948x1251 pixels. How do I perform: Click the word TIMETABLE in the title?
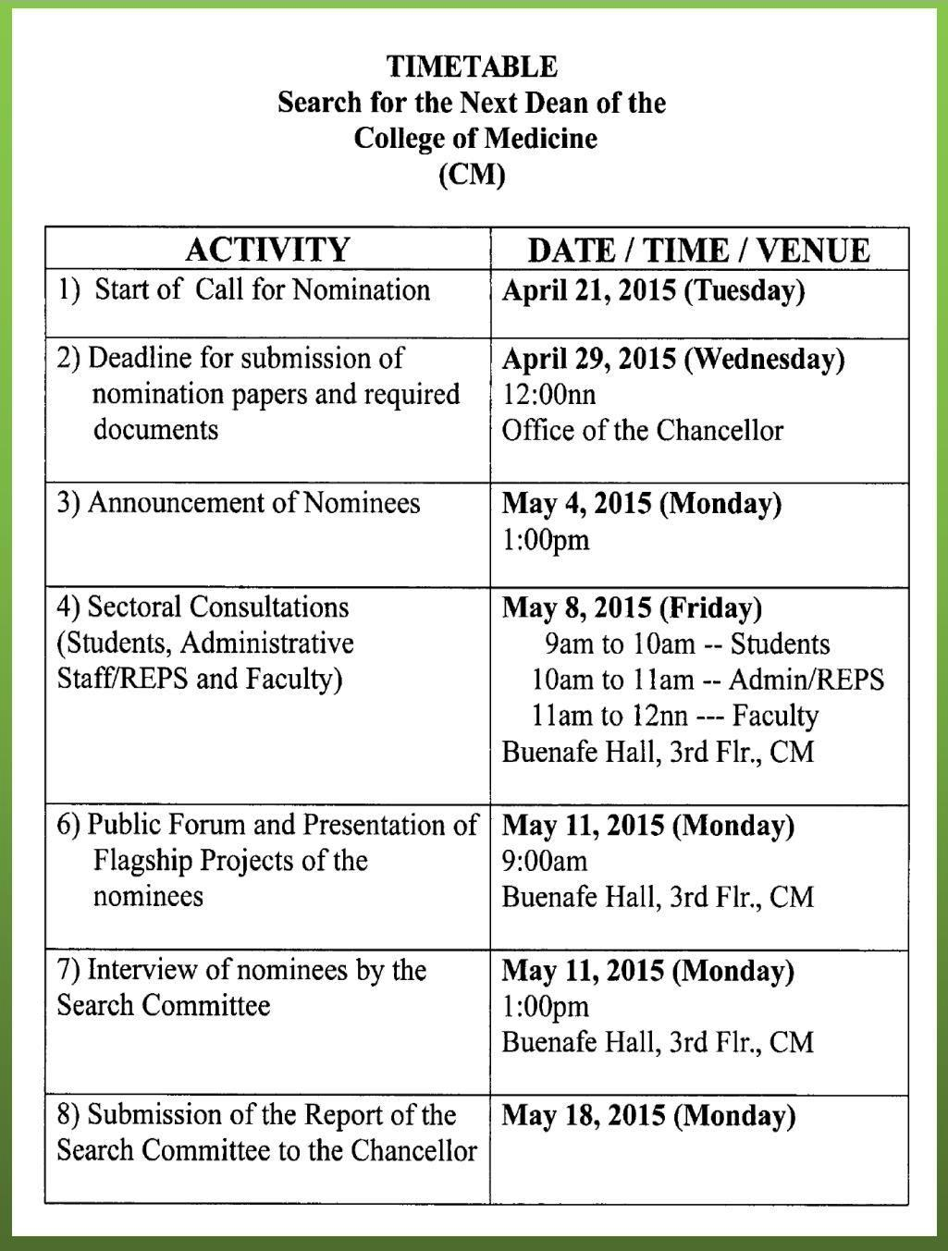[x=472, y=67]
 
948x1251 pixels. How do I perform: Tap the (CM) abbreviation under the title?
[x=472, y=174]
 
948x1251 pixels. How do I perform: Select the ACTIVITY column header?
[x=267, y=250]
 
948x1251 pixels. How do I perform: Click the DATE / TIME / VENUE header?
[x=698, y=251]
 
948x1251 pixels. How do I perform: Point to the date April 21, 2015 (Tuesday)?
[x=653, y=291]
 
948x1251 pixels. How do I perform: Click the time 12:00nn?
[x=548, y=395]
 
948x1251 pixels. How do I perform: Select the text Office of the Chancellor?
[x=642, y=431]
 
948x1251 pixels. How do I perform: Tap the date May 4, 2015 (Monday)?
[x=641, y=504]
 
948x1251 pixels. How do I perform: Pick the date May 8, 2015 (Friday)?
[x=632, y=608]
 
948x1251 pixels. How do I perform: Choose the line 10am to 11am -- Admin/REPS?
[x=708, y=681]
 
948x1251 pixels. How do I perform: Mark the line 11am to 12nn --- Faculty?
[x=675, y=717]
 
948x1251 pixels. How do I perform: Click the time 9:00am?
[x=544, y=862]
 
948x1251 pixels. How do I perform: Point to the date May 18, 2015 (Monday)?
[x=648, y=1116]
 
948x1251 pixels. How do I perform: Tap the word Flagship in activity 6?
[x=143, y=861]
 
